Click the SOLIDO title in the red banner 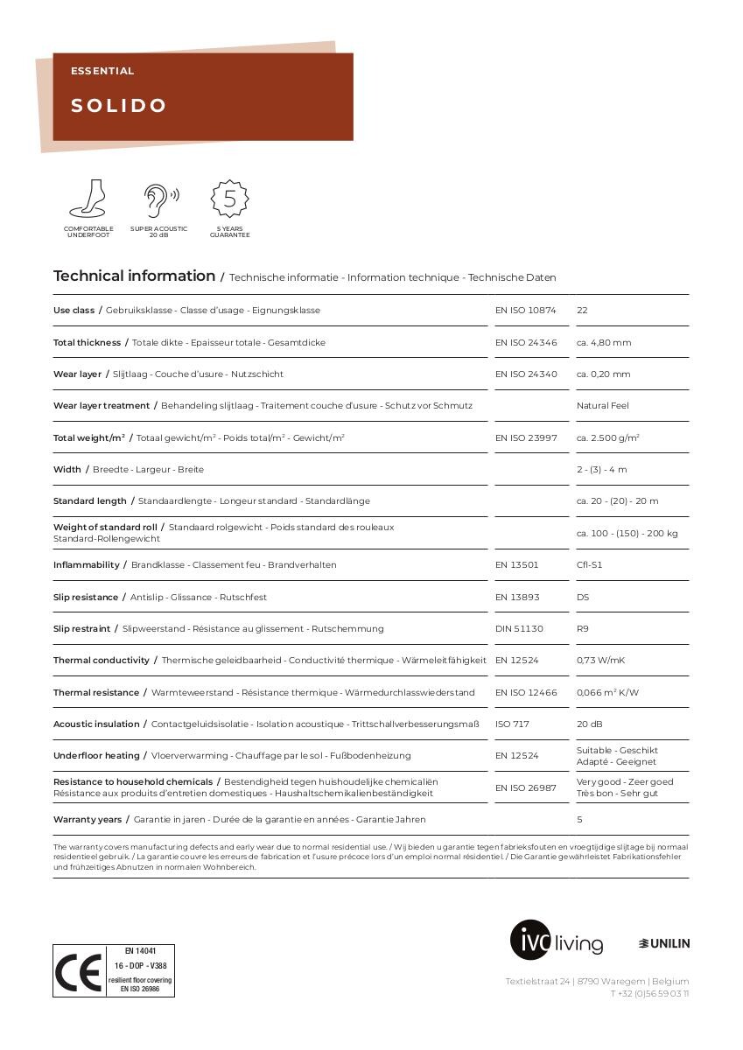119,106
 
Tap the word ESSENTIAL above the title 102,71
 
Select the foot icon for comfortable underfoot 88,199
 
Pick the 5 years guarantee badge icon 229,199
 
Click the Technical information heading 134,276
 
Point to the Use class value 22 582,311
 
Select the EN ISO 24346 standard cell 526,343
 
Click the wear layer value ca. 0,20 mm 603,374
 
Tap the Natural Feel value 602,406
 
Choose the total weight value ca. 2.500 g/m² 607,437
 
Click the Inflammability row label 86,565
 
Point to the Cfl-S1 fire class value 589,565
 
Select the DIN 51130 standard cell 519,629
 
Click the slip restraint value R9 583,629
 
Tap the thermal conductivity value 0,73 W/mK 600,661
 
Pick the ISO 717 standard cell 512,724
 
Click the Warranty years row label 88,820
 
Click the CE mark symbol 79,971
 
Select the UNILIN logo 664,943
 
